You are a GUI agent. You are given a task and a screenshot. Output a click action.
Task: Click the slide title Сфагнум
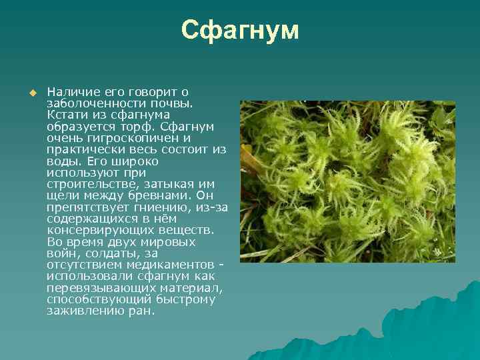[x=240, y=30]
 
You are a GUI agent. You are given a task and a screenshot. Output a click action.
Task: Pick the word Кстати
[x=66, y=115]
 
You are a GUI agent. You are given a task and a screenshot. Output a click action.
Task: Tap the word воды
[x=61, y=161]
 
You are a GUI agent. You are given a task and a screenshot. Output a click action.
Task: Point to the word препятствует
[x=83, y=207]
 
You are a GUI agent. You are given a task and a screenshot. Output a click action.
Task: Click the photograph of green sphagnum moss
[x=347, y=181]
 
